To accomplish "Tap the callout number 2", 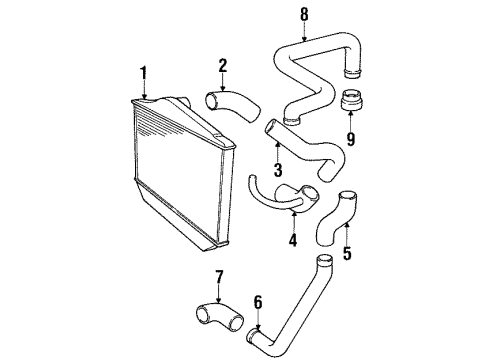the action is (x=223, y=66).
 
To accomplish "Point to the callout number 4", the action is (x=293, y=239).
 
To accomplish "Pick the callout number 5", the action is (x=346, y=253).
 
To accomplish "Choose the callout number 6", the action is (x=257, y=299).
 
